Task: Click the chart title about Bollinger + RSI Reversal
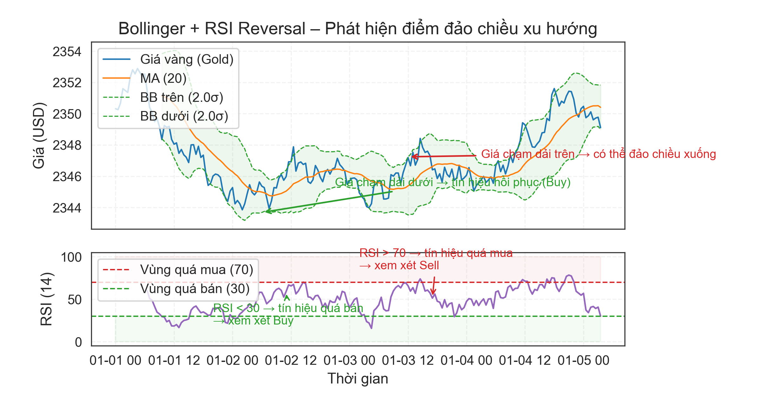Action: (357, 29)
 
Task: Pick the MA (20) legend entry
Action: (163, 78)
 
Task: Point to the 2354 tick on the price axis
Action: (67, 52)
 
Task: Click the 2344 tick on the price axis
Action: (67, 208)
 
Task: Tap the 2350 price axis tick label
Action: (67, 114)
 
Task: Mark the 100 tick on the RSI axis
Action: (71, 257)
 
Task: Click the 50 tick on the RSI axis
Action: (75, 300)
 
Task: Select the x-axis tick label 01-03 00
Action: (349, 361)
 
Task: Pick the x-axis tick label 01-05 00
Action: (583, 361)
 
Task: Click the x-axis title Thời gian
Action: (357, 379)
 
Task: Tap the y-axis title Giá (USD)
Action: (39, 135)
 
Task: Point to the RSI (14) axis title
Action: (47, 299)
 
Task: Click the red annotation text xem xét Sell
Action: (399, 265)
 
